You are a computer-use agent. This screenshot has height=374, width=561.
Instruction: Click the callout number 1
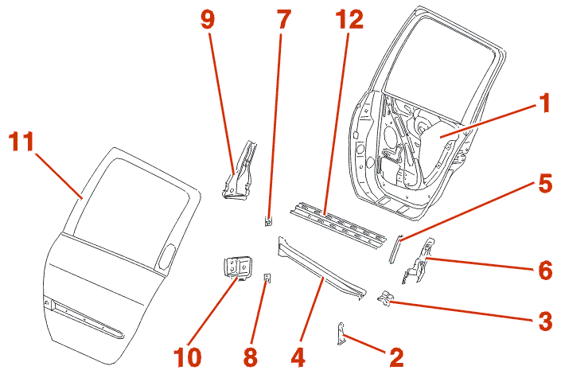pos(544,104)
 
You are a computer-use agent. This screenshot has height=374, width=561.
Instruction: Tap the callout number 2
pos(395,357)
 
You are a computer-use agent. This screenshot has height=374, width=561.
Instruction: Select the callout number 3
pos(544,321)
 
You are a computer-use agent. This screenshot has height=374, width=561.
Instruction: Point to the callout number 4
pos(298,357)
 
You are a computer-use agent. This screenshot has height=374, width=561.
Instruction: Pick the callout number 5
pos(544,185)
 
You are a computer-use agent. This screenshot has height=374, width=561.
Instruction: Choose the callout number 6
pos(544,271)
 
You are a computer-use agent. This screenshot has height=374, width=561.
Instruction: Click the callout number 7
pos(283,20)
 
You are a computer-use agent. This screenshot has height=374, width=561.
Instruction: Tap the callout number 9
pos(207,20)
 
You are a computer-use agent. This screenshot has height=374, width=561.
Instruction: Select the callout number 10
pos(189,357)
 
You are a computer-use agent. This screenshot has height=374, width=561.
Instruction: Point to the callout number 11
pos(21,143)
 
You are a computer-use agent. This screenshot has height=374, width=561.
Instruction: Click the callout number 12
pos(347,20)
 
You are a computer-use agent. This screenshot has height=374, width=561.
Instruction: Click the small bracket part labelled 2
pos(343,335)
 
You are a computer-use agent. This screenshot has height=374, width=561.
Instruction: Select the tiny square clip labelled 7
pos(268,221)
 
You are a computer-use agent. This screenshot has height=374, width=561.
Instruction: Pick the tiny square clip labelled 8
pos(267,278)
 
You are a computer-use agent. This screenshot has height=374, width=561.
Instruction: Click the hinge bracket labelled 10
pos(236,267)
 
